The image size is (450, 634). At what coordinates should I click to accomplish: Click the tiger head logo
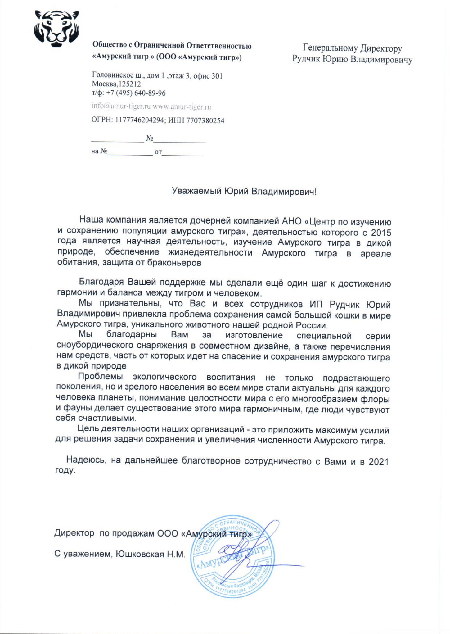tap(56, 28)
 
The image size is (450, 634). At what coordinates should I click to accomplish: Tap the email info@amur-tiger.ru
tap(121, 106)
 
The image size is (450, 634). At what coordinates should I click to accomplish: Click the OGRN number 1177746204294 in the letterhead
tap(140, 120)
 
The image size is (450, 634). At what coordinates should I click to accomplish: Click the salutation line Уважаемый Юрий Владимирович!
tap(244, 192)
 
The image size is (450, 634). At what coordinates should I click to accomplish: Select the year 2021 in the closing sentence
tap(378, 462)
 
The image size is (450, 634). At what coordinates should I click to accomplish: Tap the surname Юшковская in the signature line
tap(140, 554)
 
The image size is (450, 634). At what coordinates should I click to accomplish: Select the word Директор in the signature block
tap(74, 533)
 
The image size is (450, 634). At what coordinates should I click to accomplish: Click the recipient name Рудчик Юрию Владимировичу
tap(352, 59)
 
